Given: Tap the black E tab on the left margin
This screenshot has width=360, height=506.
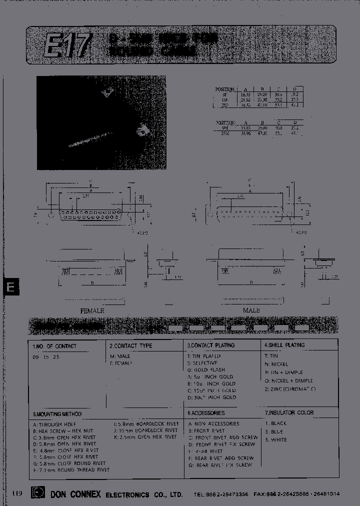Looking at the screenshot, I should click(11, 287).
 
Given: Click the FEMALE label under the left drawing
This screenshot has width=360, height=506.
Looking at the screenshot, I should click(92, 310).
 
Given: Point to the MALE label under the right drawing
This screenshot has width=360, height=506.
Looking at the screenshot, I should click(251, 310).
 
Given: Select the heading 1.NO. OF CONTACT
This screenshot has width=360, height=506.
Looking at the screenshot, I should click(54, 346).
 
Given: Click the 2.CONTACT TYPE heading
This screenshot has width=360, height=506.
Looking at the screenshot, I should click(130, 345).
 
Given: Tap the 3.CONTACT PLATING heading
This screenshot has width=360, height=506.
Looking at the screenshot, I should click(210, 345).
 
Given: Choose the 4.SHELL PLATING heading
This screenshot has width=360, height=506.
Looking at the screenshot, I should click(284, 345).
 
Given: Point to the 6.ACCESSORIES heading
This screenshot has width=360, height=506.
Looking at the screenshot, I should click(206, 413).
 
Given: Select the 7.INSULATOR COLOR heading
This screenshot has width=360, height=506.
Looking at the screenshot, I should click(289, 412).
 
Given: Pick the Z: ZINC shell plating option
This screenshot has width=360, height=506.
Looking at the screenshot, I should click(290, 388).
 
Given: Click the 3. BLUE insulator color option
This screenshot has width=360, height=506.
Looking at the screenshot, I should click(276, 431).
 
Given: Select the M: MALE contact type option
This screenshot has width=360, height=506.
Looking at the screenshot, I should click(120, 356).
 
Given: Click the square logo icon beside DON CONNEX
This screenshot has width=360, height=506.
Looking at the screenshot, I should click(36, 493).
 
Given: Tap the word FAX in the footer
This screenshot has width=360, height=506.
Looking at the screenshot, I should click(259, 494).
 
